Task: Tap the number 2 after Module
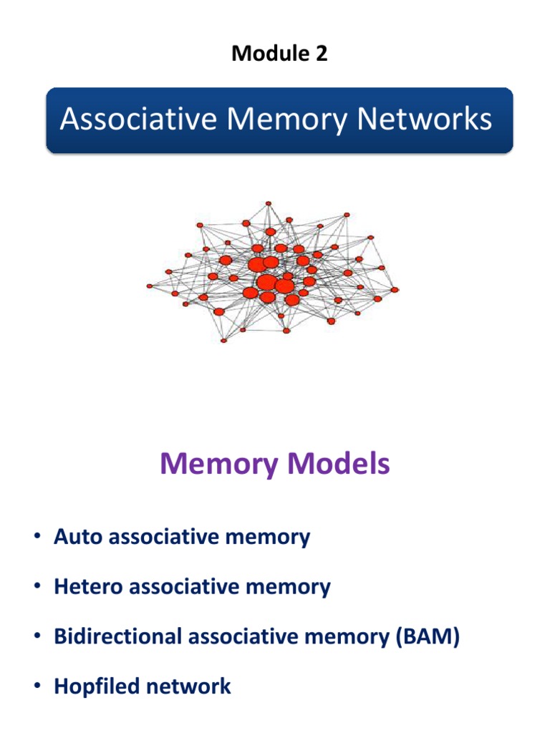coord(321,54)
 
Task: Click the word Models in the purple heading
coord(338,465)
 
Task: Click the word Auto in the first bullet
coord(74,537)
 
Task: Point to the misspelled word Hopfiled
coord(95,686)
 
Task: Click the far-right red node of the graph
coord(395,290)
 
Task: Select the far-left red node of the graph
coord(150,286)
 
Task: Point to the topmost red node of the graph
coord(268,203)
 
